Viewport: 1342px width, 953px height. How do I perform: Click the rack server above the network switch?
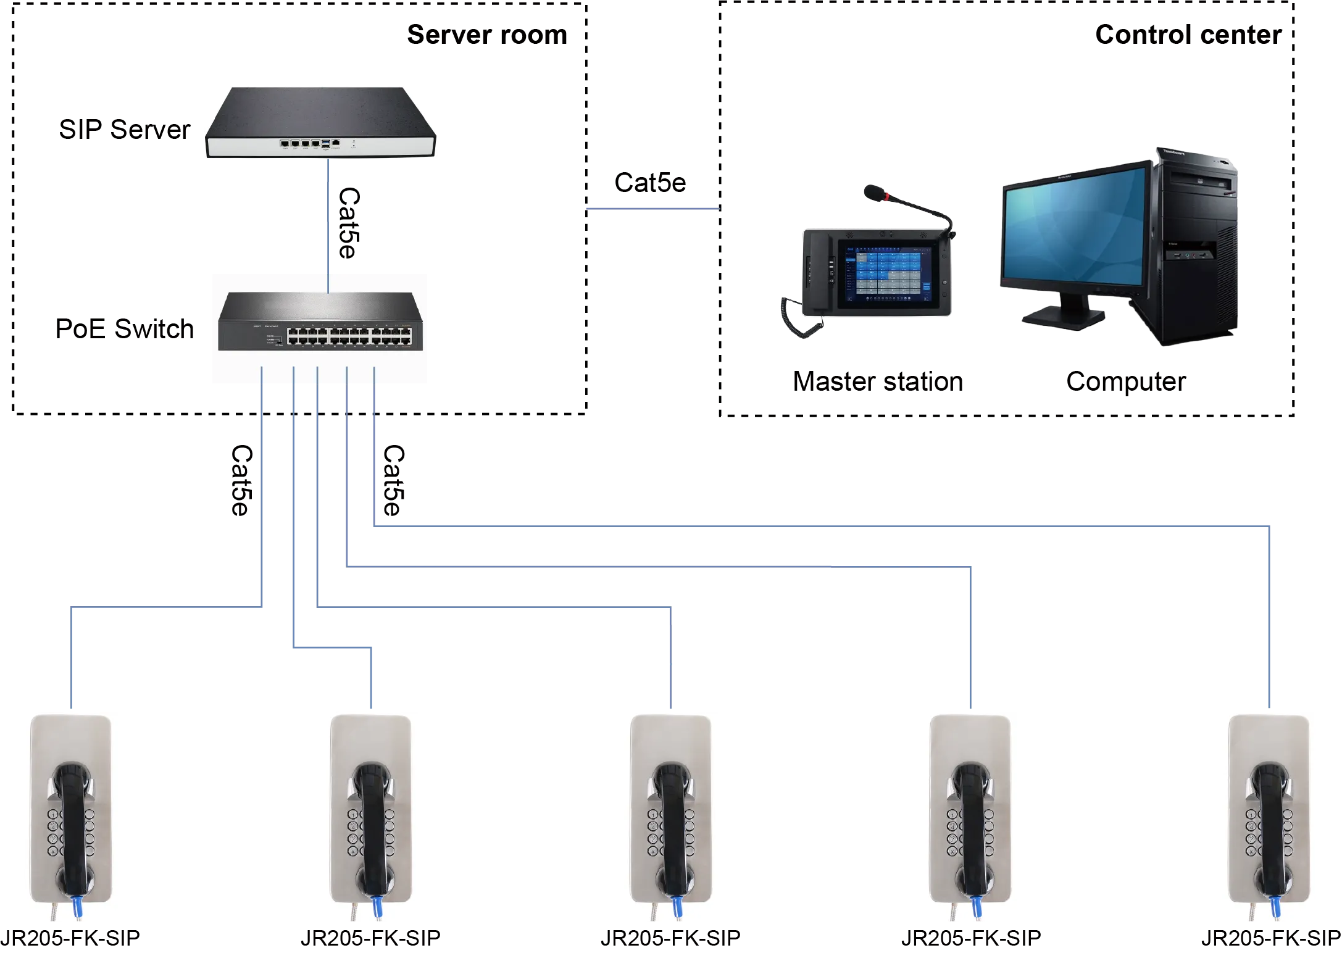(x=321, y=123)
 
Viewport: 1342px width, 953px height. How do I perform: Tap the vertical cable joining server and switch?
(x=328, y=222)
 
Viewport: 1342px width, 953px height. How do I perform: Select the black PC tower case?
(x=1198, y=247)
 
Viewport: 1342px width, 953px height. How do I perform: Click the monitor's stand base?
(x=1062, y=316)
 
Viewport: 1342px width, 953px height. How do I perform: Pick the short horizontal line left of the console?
(x=652, y=210)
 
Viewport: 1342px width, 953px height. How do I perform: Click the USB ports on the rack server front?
(x=325, y=143)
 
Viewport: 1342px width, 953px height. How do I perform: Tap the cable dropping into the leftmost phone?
(x=72, y=660)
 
